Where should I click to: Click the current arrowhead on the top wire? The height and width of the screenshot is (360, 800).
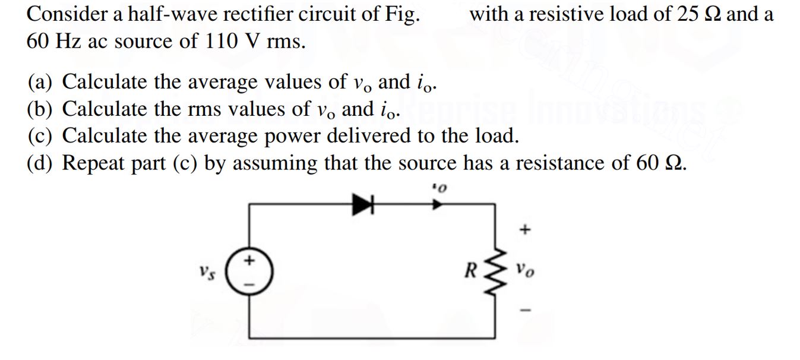coord(437,204)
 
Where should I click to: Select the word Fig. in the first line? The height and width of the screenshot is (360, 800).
coord(401,14)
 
